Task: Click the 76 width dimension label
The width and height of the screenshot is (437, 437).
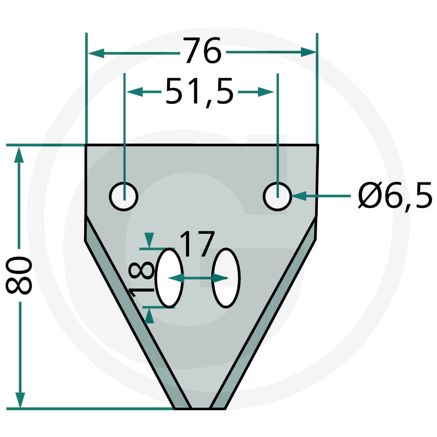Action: click(202, 50)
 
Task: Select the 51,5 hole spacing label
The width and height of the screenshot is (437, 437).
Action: click(199, 92)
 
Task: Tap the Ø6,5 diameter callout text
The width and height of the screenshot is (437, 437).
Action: click(395, 196)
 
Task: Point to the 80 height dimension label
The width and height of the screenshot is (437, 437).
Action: click(19, 275)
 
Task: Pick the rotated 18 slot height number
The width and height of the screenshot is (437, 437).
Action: click(141, 279)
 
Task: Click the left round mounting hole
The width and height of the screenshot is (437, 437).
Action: click(124, 197)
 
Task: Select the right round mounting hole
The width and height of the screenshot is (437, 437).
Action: click(277, 197)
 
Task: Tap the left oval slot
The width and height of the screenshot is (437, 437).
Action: click(169, 278)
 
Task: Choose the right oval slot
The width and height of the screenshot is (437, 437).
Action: click(226, 278)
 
